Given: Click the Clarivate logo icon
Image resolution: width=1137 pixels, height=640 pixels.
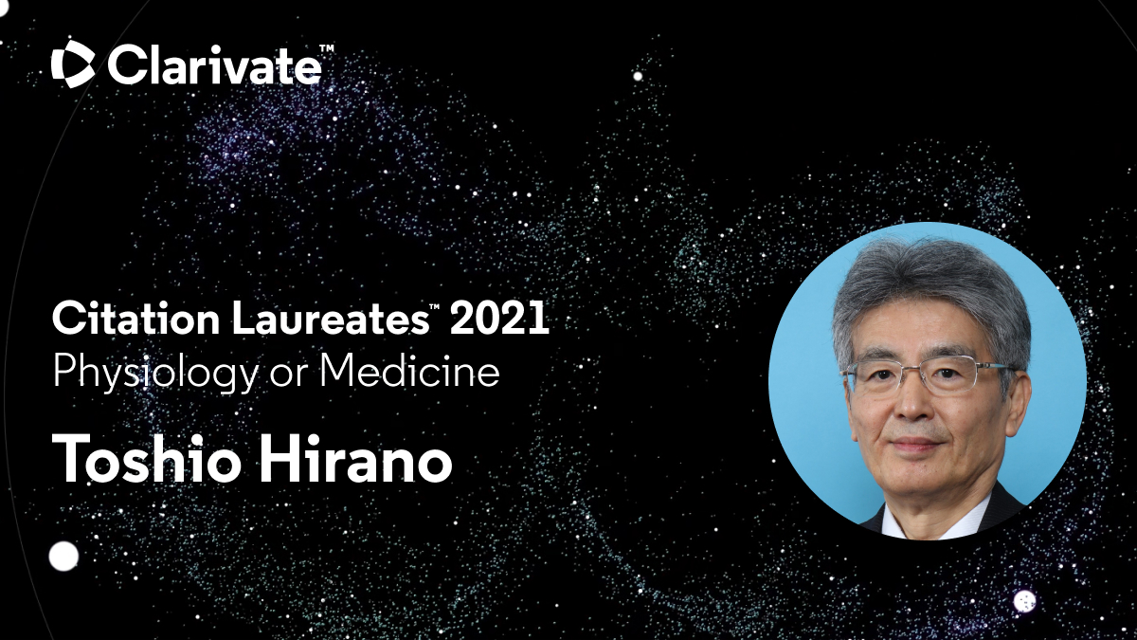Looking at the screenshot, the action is coord(73,64).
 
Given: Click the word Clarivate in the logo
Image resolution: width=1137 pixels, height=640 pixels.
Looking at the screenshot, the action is coord(214,65).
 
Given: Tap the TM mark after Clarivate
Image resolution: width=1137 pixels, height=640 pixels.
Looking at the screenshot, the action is coord(326,48).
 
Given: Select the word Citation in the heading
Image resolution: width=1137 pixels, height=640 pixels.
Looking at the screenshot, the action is coord(135,319).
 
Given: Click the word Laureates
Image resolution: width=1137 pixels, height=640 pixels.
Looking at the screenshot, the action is coord(330,319).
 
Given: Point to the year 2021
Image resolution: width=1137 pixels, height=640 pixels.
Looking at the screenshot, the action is coord(498,319).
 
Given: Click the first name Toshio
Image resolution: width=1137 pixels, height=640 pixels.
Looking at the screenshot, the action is coord(146,459).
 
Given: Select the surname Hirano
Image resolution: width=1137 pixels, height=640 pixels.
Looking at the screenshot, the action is coord(356,459).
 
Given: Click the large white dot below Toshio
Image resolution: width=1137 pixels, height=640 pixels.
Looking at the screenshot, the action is coord(64,557).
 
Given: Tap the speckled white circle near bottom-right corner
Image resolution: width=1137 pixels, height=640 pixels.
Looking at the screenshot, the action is coord(1024,601).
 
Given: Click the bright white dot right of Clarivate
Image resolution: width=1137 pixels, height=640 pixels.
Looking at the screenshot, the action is coord(638,76).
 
